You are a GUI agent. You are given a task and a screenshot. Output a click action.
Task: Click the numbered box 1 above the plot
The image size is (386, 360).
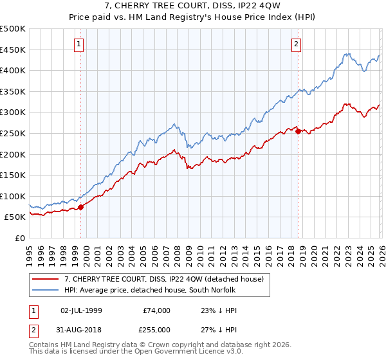78,44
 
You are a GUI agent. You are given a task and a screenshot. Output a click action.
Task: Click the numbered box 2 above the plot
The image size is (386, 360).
296,44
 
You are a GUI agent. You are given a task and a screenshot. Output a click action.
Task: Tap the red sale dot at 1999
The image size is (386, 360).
80,207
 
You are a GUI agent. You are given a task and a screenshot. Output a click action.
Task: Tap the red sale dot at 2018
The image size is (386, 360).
298,131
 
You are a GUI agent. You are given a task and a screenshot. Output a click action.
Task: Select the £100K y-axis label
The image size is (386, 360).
13,196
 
